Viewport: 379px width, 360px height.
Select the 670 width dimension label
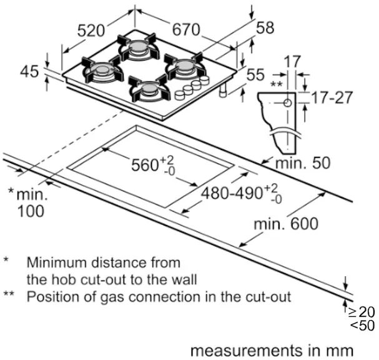coord(185,29)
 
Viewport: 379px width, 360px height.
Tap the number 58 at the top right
coord(265,27)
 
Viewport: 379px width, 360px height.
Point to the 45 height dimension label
coord(29,72)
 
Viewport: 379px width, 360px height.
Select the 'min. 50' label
coord(304,164)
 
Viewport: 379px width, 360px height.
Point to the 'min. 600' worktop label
coord(286,223)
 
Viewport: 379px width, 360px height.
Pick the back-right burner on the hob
coord(185,64)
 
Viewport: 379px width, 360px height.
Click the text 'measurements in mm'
coord(272,349)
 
